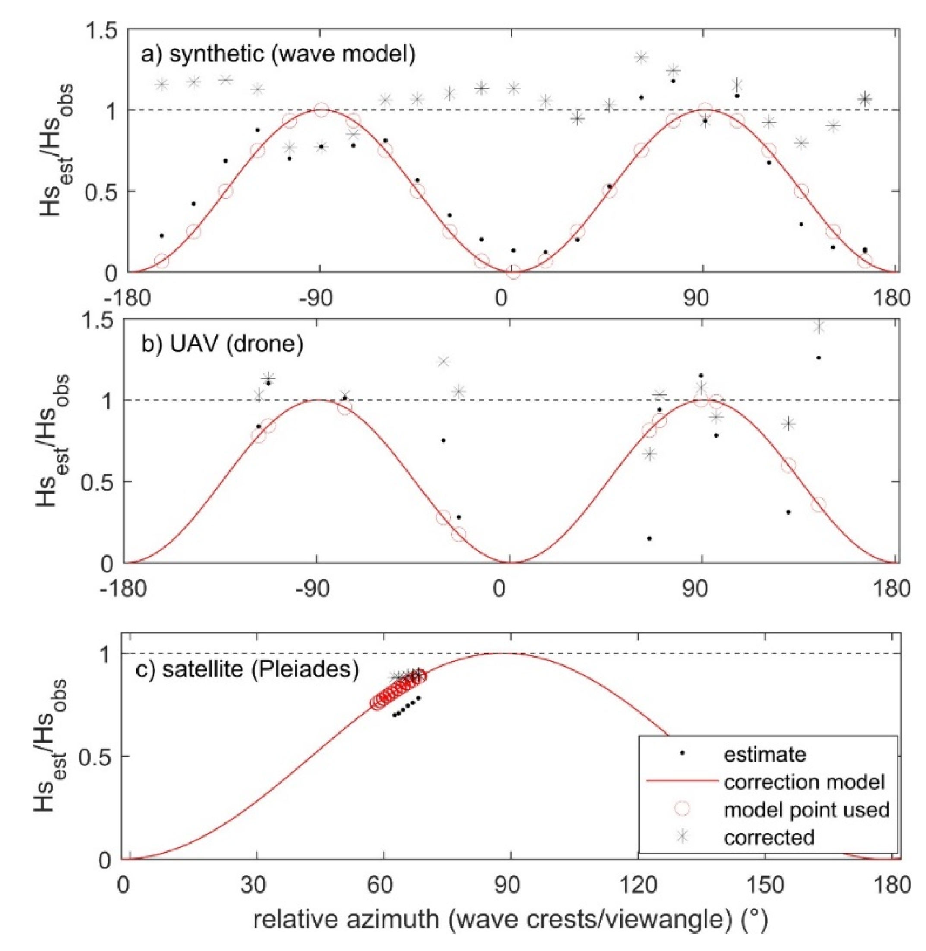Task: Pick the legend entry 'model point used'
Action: (x=806, y=809)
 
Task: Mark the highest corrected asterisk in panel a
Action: (x=641, y=57)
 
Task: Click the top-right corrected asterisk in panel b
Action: (x=819, y=327)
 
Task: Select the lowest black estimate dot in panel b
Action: (x=649, y=538)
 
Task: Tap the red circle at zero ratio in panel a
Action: (x=513, y=272)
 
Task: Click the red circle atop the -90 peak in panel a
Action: (x=320, y=110)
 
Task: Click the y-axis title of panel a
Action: (x=57, y=151)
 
